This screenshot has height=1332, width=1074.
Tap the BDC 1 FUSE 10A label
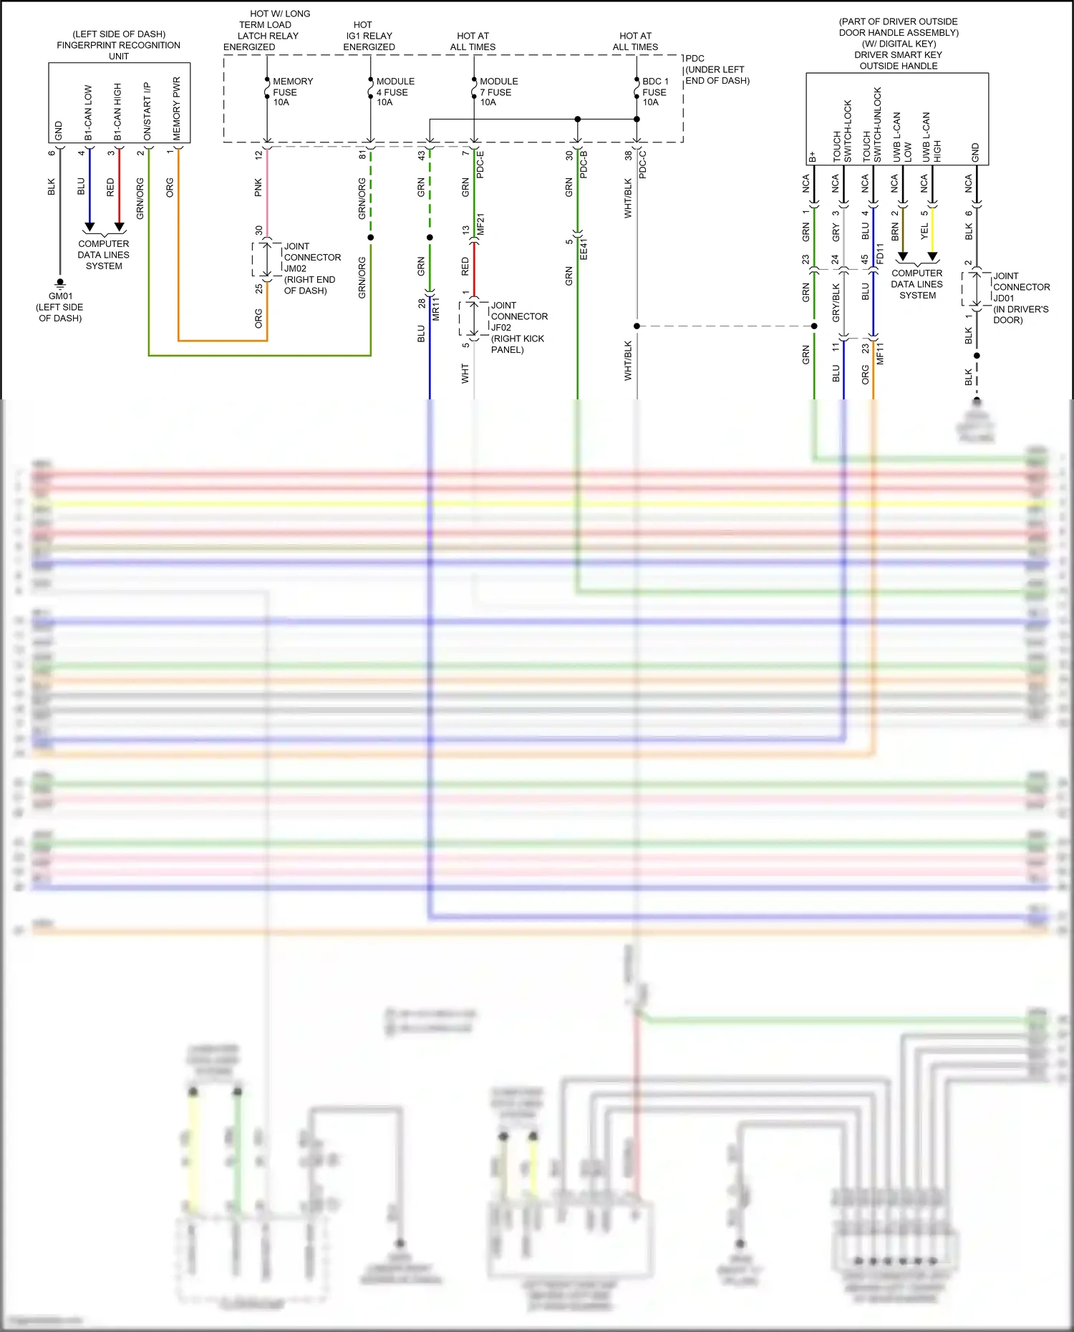click(x=654, y=92)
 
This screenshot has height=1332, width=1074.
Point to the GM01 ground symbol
click(x=60, y=283)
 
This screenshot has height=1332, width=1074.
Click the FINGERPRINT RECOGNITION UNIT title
click(x=118, y=45)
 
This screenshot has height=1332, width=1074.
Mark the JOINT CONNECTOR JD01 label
click(x=1020, y=297)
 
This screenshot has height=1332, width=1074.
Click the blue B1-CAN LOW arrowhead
click(x=89, y=227)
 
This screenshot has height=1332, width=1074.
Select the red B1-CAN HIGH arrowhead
click(x=120, y=227)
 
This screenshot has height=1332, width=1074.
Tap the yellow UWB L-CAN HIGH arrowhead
click(x=932, y=256)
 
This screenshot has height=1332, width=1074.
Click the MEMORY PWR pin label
click(x=177, y=108)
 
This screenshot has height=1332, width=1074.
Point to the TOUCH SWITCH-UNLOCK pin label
click(x=872, y=125)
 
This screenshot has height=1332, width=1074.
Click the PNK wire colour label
click(x=258, y=188)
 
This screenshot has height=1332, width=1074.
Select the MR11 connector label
click(x=436, y=308)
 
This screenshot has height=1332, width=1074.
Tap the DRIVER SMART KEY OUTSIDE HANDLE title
click(x=898, y=60)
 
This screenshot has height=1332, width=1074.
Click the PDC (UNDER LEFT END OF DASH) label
click(x=716, y=69)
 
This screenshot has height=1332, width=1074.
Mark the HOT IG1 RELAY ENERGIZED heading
click(x=369, y=36)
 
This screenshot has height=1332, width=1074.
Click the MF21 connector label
click(x=480, y=224)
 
